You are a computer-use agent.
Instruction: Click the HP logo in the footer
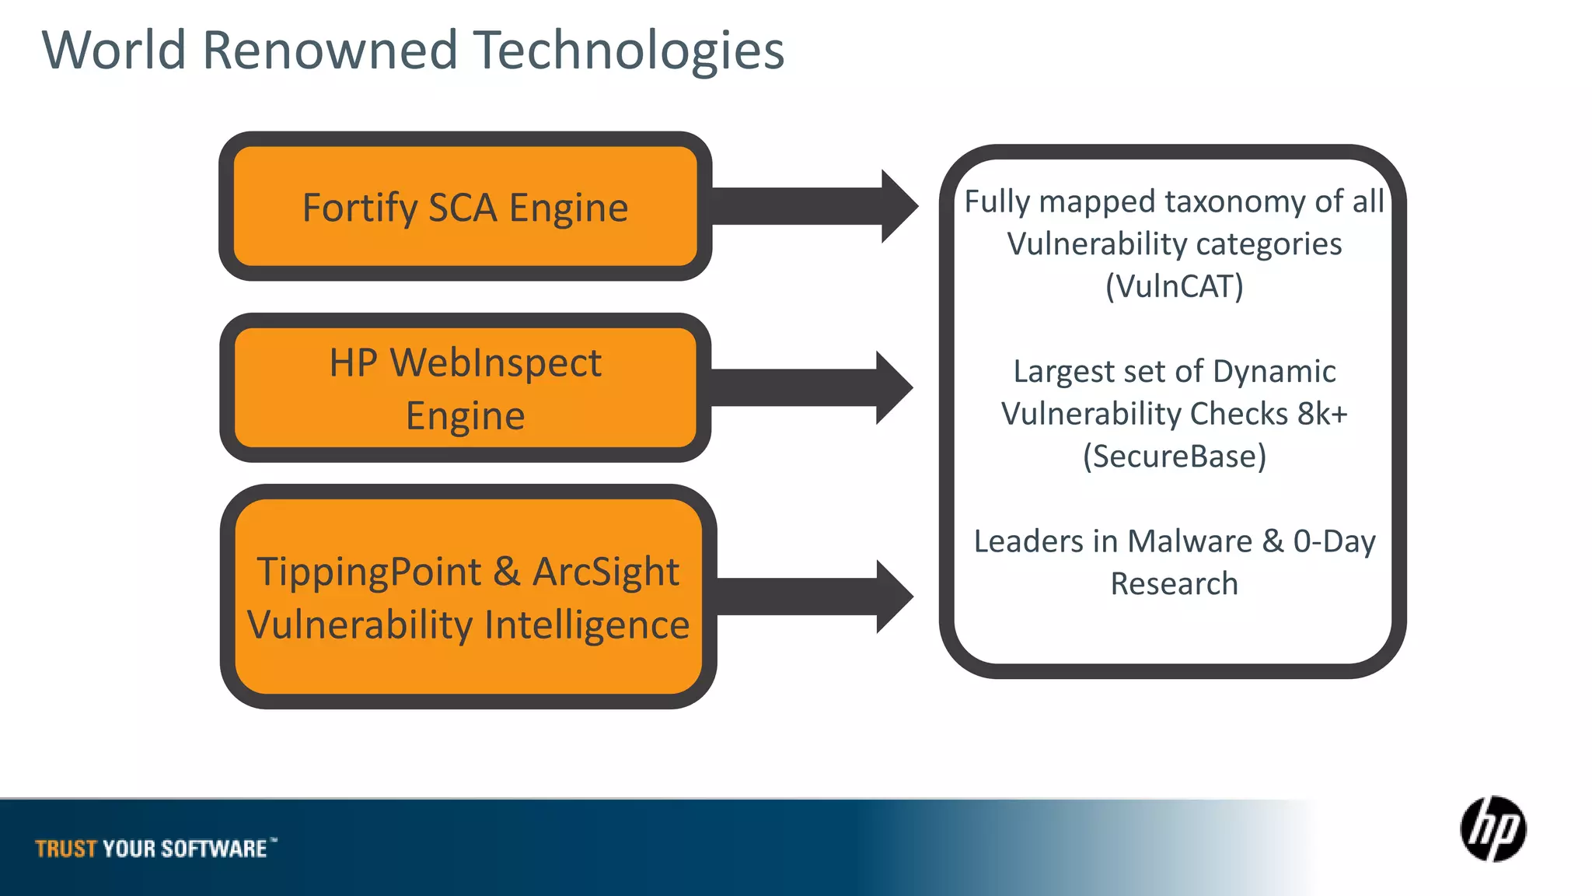tap(1492, 829)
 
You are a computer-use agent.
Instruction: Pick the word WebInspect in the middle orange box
tap(495, 363)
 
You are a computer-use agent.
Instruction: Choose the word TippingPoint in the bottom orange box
tap(368, 572)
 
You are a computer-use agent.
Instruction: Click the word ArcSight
tap(606, 572)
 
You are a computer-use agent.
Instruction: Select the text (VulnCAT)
tap(1174, 286)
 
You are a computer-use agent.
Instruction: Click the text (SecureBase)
tap(1174, 457)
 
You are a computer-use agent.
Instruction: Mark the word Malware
tap(1189, 541)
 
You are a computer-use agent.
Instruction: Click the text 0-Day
tap(1334, 541)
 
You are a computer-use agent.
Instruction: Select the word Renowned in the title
tap(330, 51)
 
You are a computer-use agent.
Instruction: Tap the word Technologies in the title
tap(629, 51)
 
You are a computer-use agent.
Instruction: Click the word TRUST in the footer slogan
tap(65, 849)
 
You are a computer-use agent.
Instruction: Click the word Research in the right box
tap(1174, 584)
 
